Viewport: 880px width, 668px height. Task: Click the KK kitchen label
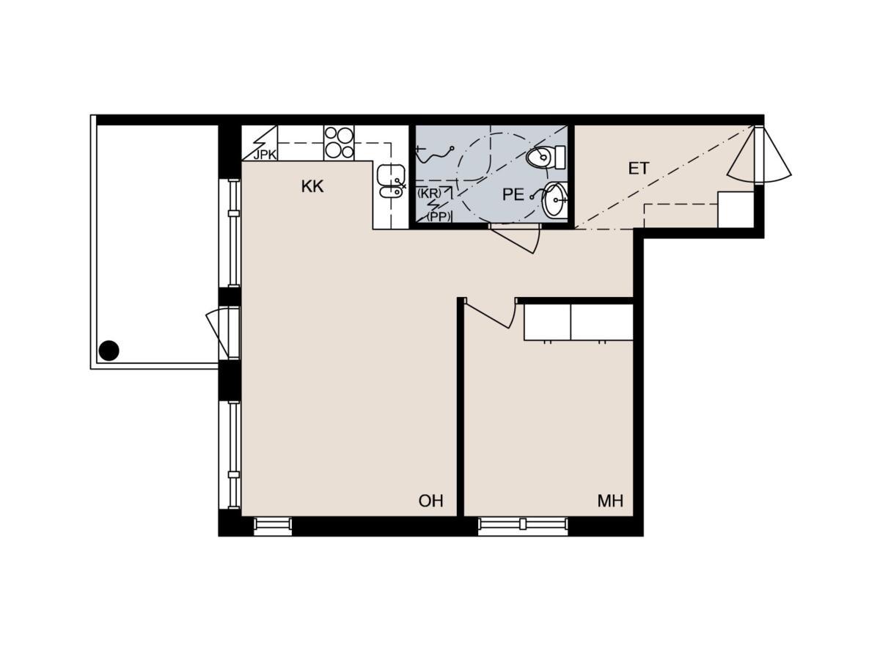(x=312, y=186)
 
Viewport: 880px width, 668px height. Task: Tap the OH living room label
(x=430, y=501)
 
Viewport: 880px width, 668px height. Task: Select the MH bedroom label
(x=610, y=501)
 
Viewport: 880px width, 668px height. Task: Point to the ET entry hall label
(x=638, y=169)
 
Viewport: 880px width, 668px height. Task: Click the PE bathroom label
(x=513, y=194)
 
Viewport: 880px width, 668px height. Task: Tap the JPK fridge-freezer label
(x=265, y=155)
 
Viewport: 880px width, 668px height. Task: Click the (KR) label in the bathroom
(x=429, y=193)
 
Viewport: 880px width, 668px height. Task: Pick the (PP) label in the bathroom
(x=439, y=217)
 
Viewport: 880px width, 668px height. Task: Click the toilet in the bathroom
(x=546, y=157)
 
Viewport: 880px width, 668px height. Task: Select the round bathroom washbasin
(x=554, y=199)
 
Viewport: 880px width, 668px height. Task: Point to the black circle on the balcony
(x=109, y=350)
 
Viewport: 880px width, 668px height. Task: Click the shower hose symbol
(x=434, y=153)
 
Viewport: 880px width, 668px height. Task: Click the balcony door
(x=223, y=332)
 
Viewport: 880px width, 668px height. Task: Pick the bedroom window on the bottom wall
(x=522, y=524)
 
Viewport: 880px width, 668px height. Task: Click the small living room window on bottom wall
(x=273, y=524)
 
